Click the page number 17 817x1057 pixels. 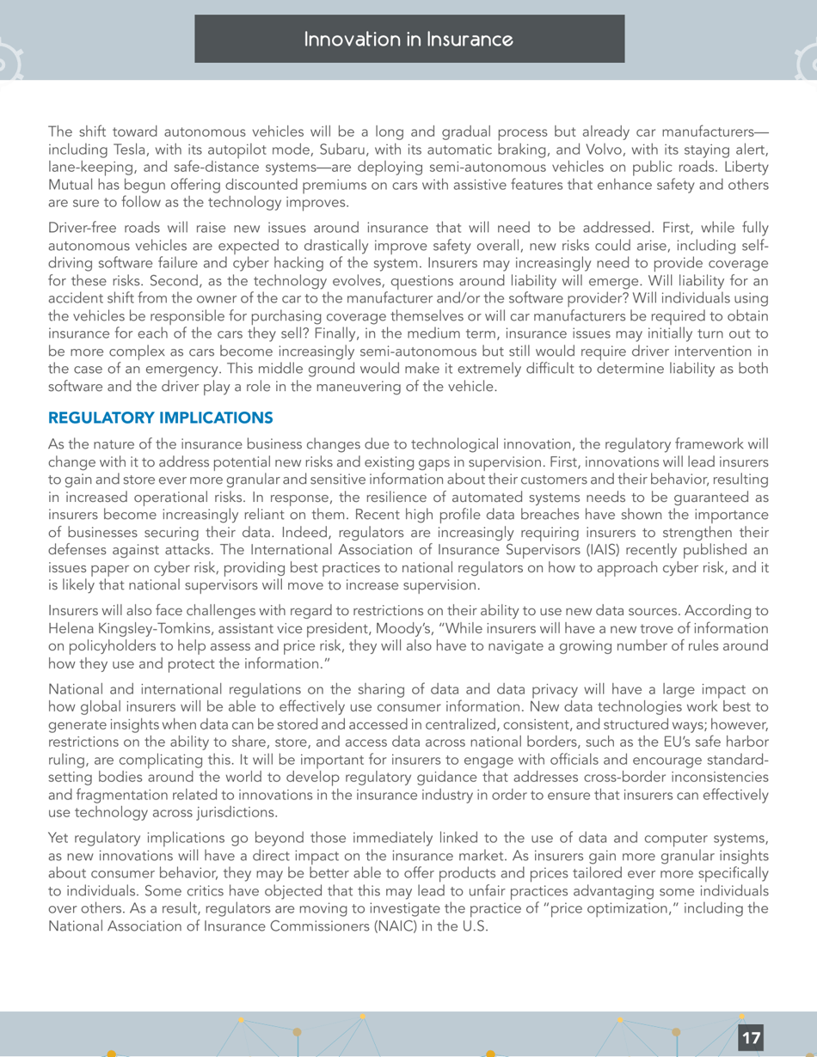pyautogui.click(x=751, y=1037)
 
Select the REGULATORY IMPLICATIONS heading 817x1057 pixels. pyautogui.click(x=161, y=418)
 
